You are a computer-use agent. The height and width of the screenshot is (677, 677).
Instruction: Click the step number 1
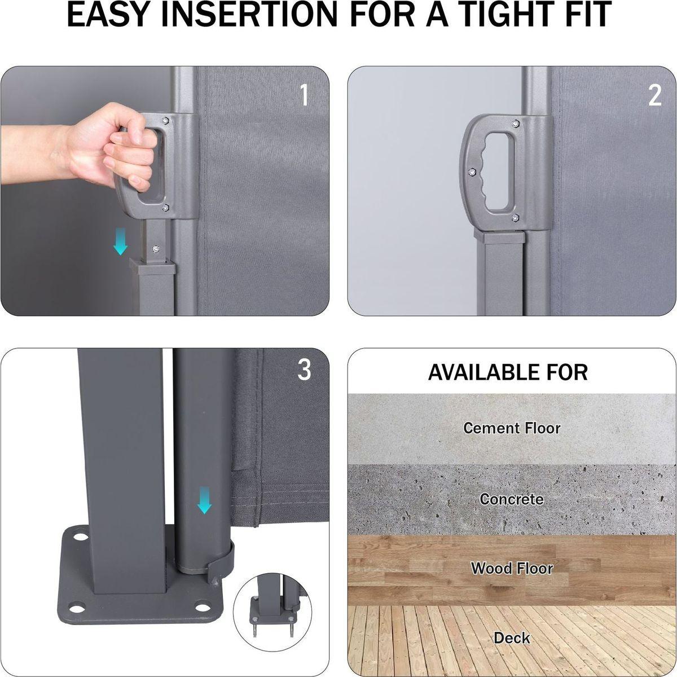[x=304, y=95]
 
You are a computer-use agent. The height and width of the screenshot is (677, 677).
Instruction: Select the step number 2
[x=655, y=95]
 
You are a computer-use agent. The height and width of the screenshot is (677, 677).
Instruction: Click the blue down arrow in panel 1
[x=121, y=241]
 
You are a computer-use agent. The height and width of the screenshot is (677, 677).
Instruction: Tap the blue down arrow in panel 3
[x=204, y=500]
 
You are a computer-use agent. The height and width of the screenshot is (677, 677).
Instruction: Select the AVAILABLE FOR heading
[x=508, y=372]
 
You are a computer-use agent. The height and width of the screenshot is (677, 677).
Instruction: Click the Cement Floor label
[x=512, y=428]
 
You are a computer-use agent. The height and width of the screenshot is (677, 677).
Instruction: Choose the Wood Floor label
[x=512, y=569]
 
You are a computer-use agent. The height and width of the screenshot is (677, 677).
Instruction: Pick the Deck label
[x=512, y=638]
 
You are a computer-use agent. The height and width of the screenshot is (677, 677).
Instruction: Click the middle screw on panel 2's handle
[x=472, y=172]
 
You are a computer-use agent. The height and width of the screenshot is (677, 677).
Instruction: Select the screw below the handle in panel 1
[x=156, y=249]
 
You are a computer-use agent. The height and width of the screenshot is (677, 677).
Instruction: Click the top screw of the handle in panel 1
[x=165, y=121]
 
